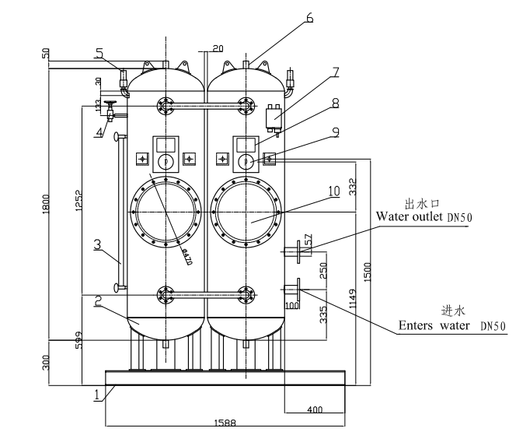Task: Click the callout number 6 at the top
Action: [x=310, y=16]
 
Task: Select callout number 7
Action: [x=335, y=72]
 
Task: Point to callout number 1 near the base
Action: [x=97, y=395]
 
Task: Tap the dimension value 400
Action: [x=314, y=409]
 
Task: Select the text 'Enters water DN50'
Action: [x=440, y=325]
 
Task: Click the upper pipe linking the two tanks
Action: [x=206, y=106]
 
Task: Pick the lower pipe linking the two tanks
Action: [x=206, y=293]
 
